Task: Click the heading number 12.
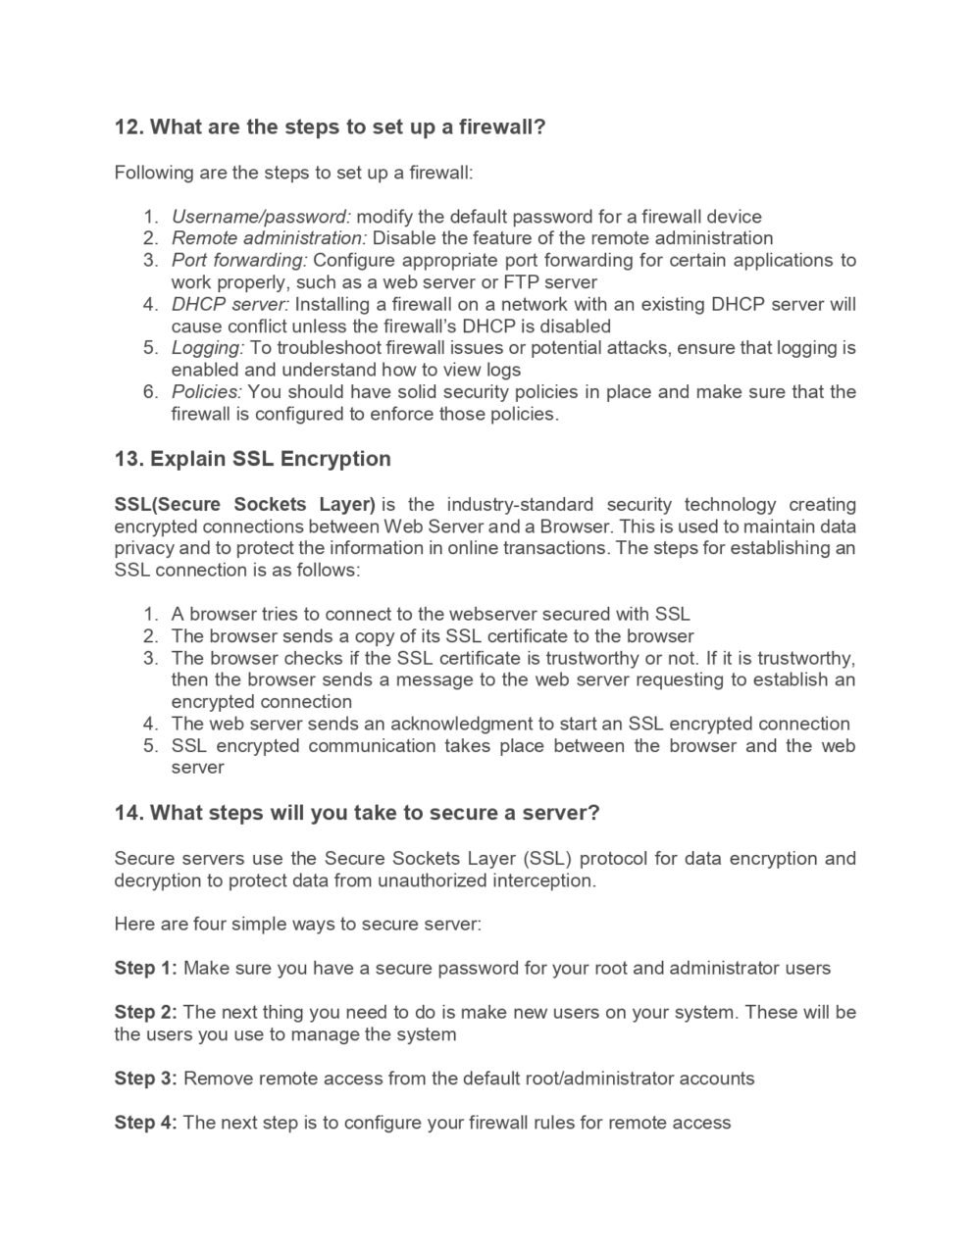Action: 128,127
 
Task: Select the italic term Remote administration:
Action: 269,238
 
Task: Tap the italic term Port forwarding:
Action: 239,260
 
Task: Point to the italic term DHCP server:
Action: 230,304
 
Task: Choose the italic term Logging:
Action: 208,348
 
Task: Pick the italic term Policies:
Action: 207,392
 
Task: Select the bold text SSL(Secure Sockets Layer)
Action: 244,505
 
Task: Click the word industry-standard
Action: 520,505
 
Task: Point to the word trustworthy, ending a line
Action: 803,658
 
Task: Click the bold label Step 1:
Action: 145,969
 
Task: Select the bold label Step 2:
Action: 145,1012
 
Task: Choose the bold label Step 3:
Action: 145,1079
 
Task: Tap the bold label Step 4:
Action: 145,1123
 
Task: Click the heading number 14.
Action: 128,814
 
